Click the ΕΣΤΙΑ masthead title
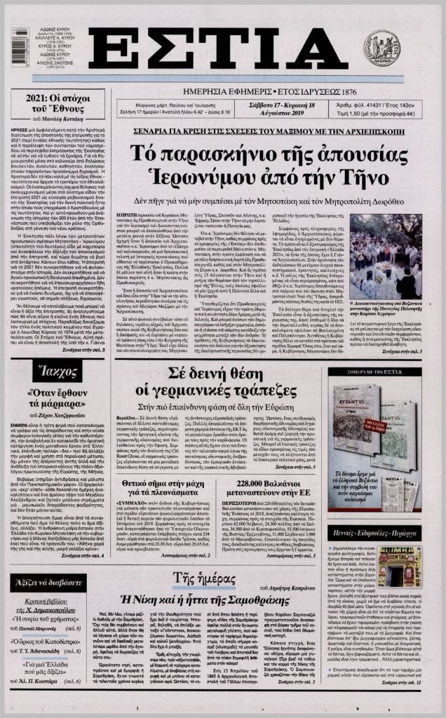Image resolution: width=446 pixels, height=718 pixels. tap(218, 50)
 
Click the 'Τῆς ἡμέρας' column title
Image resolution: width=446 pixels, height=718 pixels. tap(203, 577)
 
